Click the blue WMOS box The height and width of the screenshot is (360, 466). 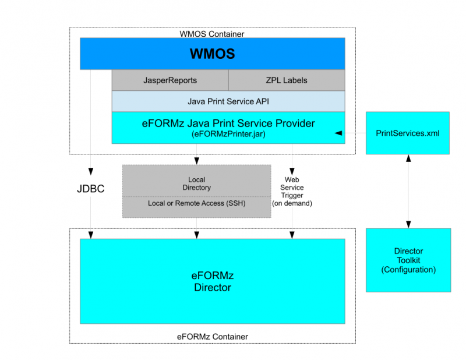click(212, 54)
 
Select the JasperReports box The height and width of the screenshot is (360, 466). click(170, 80)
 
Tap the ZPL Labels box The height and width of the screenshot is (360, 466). click(286, 80)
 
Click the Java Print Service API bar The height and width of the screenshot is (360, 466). click(228, 101)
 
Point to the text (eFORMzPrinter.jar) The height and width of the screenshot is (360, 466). click(228, 134)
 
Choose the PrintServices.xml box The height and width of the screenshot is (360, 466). click(408, 133)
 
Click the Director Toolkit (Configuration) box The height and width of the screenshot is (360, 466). click(408, 260)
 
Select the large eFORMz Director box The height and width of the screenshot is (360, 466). click(212, 281)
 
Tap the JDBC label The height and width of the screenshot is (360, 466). click(90, 189)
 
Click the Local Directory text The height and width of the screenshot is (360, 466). click(196, 183)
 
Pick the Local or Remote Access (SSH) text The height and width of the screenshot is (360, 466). click(196, 203)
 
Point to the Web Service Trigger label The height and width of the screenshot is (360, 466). click(292, 191)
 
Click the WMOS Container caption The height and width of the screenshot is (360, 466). click(212, 34)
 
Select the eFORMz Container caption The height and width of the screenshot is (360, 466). click(212, 337)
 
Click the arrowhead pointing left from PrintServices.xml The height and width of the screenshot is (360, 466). click(338, 133)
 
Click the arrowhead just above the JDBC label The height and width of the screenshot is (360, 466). click(90, 172)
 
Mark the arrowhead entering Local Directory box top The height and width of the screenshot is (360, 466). click(196, 161)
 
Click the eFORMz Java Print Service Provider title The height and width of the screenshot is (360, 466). click(228, 123)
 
